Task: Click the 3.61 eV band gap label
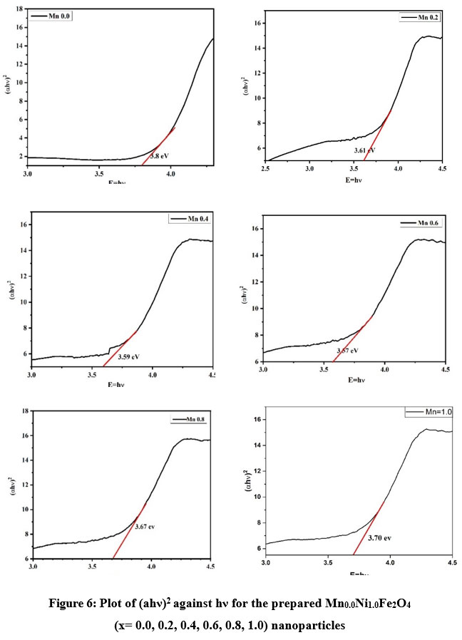pyautogui.click(x=364, y=150)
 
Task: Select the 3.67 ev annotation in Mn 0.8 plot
pyautogui.click(x=145, y=527)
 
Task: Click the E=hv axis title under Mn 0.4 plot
pyautogui.click(x=119, y=385)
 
